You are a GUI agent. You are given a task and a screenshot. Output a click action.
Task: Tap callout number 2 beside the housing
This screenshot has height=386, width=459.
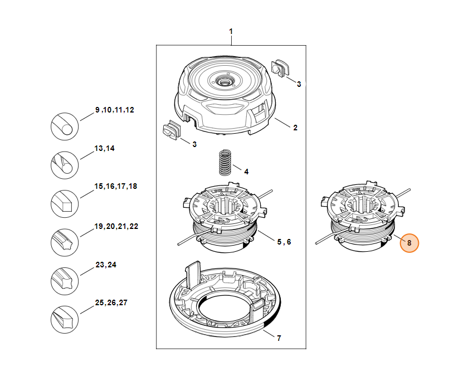[295, 128]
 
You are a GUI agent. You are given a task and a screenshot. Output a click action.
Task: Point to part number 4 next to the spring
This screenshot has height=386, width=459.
[246, 171]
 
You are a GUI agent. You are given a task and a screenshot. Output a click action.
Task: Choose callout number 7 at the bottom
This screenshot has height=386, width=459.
[279, 338]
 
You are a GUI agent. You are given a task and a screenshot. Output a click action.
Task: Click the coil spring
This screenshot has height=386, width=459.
[224, 162]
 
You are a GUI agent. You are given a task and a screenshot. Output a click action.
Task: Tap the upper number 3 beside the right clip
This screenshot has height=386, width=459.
[299, 84]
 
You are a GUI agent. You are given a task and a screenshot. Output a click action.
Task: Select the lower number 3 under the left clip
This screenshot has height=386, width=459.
[194, 144]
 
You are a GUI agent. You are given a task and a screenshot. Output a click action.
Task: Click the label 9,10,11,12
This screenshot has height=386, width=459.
[115, 110]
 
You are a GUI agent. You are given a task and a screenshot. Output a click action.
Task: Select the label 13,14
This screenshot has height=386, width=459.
[104, 149]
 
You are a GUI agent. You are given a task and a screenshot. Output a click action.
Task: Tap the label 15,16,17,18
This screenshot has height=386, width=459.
[116, 186]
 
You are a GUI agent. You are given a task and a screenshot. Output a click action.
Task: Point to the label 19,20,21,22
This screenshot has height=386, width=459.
[116, 227]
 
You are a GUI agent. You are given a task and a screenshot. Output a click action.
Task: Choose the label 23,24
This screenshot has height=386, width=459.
[106, 265]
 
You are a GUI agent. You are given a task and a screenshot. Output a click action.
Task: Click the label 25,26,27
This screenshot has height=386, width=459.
[111, 303]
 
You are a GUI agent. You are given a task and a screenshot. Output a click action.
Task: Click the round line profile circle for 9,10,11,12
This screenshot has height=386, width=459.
[65, 126]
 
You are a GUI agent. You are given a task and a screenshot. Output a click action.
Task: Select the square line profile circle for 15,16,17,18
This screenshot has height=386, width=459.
[65, 204]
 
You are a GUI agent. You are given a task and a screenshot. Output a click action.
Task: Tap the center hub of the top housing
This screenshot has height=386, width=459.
[227, 81]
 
